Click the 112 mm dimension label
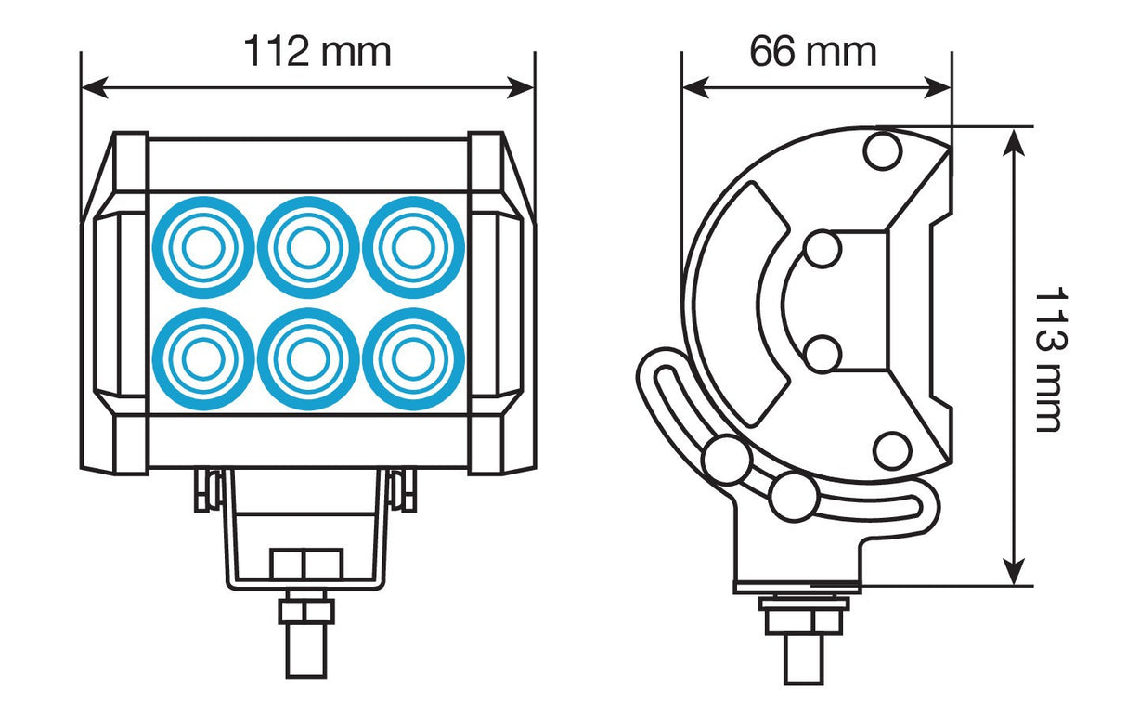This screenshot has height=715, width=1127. tap(317, 52)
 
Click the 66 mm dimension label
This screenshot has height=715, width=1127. tap(813, 52)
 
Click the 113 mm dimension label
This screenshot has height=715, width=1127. tap(1048, 359)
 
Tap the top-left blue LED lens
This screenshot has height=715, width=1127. tap(202, 248)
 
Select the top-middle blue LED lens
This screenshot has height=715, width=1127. tap(308, 248)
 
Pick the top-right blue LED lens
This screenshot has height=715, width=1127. tap(413, 248)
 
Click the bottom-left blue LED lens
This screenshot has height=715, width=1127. tap(202, 358)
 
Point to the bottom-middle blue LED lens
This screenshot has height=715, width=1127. tap(308, 358)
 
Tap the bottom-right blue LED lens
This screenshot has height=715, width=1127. tap(413, 358)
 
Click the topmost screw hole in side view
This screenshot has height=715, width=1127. tap(882, 151)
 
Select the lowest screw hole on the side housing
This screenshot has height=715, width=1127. tap(891, 450)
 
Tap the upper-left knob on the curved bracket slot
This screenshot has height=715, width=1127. tap(726, 460)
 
